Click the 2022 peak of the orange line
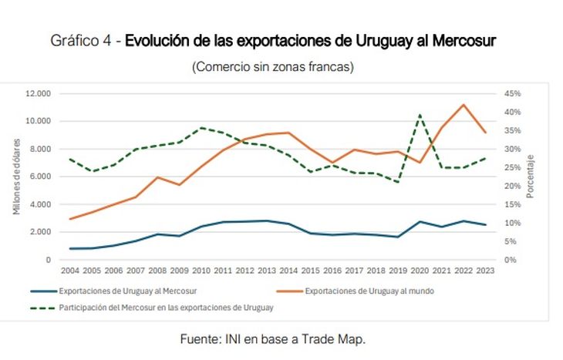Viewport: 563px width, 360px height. (464, 105)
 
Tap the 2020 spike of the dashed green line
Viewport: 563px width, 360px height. (420, 115)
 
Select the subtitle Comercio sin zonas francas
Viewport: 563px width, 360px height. (272, 67)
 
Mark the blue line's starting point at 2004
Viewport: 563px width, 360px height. (69, 248)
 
